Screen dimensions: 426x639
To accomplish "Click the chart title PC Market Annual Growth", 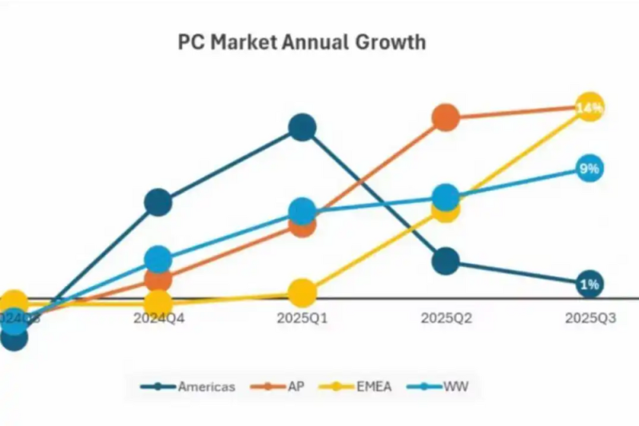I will (x=301, y=42).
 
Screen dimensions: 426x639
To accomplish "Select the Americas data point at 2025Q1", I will (x=302, y=127).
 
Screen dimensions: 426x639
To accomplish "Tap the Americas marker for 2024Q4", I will (x=158, y=203).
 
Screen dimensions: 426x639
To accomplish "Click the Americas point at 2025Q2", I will (x=446, y=261).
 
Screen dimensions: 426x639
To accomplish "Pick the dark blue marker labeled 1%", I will (x=589, y=284).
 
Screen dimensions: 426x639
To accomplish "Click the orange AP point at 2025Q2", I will (x=446, y=117).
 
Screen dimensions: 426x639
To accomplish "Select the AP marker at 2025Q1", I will (x=302, y=225).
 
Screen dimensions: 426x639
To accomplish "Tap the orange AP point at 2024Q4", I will (x=158, y=279).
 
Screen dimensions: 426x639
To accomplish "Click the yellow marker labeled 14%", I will (x=589, y=107).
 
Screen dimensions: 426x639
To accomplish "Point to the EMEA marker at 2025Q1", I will (x=302, y=293).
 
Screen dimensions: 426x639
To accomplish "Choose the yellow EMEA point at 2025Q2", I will (x=446, y=209).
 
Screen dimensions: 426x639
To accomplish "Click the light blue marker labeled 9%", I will (x=589, y=169).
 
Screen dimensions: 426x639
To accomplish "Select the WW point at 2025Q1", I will (x=302, y=211).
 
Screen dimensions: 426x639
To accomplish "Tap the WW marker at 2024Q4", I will (x=158, y=259).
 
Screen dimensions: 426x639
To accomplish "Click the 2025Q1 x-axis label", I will (x=302, y=318).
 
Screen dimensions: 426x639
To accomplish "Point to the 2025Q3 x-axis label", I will (x=589, y=318).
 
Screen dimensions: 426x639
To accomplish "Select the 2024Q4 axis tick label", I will (x=158, y=318).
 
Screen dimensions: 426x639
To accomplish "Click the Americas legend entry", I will (x=189, y=387).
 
